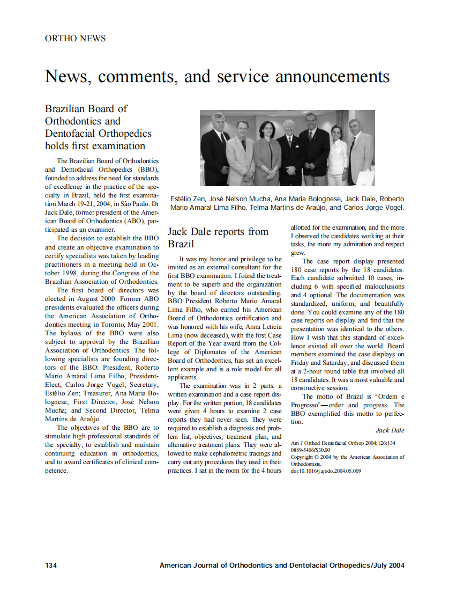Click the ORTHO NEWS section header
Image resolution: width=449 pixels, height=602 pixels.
75,39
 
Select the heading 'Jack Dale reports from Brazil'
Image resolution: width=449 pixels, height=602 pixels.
218,238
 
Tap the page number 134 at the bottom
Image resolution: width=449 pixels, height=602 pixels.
51,565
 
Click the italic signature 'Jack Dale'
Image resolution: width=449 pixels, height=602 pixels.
390,430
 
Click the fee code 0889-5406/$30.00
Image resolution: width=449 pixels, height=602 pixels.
310,450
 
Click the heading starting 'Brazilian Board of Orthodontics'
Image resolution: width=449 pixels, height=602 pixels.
98,127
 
